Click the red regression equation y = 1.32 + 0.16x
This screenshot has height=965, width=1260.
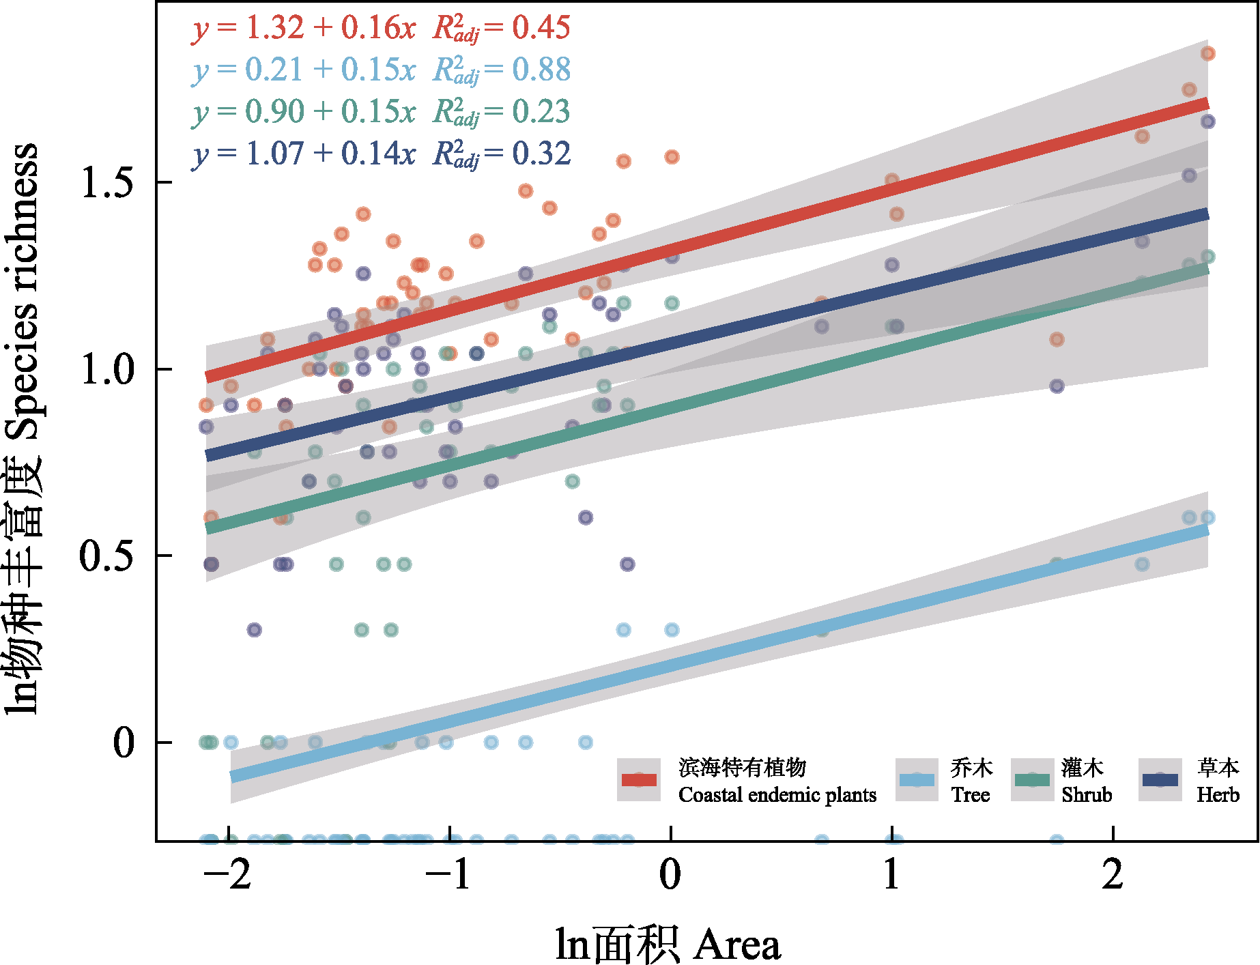click(x=304, y=28)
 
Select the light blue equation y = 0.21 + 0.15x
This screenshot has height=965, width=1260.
click(x=304, y=70)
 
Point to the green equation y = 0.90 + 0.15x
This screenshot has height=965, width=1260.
click(x=304, y=112)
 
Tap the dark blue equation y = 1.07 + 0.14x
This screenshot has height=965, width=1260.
click(x=304, y=154)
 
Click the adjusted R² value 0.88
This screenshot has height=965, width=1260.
click(x=541, y=70)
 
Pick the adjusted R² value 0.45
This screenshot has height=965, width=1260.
click(x=541, y=27)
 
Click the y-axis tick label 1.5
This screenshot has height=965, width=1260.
click(x=107, y=182)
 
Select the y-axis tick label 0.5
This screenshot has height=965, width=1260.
click(x=107, y=556)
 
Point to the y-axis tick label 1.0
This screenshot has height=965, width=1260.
click(x=107, y=369)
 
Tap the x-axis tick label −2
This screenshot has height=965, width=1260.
click(x=229, y=874)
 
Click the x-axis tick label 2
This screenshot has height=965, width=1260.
click(x=1113, y=874)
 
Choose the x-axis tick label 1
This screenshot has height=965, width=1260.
click(x=891, y=874)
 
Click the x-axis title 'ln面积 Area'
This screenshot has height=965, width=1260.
click(x=668, y=945)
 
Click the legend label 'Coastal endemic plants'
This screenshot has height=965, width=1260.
click(x=777, y=795)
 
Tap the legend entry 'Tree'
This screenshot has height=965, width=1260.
click(x=971, y=795)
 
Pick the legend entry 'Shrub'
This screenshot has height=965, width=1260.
click(x=1087, y=795)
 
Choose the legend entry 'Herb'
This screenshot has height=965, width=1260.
click(x=1218, y=795)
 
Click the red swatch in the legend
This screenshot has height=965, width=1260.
click(x=639, y=779)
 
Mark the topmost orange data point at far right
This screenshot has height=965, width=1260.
click(x=1208, y=53)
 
